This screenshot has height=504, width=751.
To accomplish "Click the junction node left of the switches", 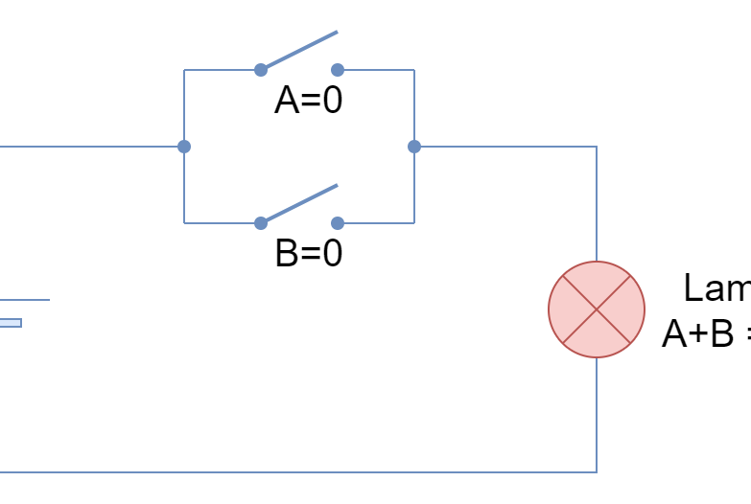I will (x=183, y=147).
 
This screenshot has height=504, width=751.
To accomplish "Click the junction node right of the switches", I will (x=413, y=147).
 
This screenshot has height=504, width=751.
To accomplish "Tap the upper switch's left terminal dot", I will (x=260, y=70).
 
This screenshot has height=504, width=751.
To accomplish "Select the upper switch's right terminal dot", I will (x=337, y=70).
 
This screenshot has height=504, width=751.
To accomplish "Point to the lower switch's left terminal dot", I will (x=260, y=223).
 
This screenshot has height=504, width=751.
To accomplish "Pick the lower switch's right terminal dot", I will (x=337, y=223).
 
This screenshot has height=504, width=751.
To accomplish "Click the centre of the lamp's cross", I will (x=596, y=309).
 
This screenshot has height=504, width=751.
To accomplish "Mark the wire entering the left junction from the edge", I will (x=91, y=147).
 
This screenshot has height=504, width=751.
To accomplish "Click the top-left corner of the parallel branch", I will (x=183, y=70).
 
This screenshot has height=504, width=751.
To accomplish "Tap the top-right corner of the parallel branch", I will (x=413, y=70).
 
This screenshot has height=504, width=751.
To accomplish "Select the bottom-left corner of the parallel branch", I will (x=183, y=223).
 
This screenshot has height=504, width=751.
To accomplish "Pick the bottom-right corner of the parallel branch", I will (x=413, y=223).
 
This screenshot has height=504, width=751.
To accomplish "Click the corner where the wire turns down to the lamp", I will (x=596, y=147).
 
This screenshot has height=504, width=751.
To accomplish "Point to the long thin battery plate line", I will (x=25, y=300).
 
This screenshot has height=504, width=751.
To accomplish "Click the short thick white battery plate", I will (x=10, y=323).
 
